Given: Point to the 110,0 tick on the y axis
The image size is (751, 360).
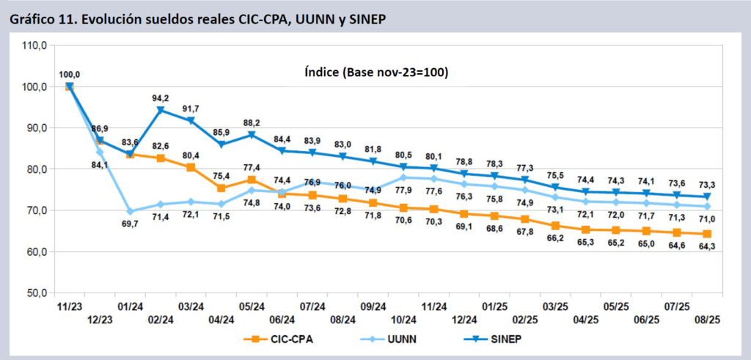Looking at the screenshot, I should click(x=35, y=45).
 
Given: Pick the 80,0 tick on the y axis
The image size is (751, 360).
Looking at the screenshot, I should click(x=37, y=169).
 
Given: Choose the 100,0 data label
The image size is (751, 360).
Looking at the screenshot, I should click(x=69, y=74).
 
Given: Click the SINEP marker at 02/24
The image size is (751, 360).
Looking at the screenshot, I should click(x=160, y=110).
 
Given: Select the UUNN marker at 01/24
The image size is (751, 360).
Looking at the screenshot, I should click(x=130, y=211).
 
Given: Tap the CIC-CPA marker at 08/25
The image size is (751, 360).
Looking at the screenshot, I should click(x=706, y=234).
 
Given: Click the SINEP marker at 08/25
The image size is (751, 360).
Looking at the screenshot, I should click(x=706, y=196).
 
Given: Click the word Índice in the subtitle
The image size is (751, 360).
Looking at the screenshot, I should click(x=323, y=73).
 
